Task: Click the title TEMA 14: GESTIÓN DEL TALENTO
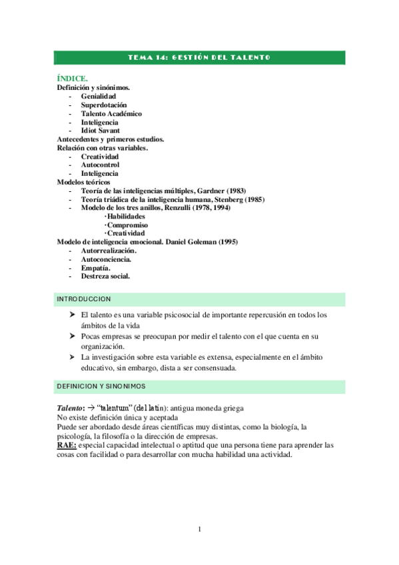coord(199,58)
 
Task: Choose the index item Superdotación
coord(103,105)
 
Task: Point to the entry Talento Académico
coord(111,114)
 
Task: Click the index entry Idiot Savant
coord(100,131)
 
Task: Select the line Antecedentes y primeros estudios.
coord(111,139)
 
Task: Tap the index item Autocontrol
coord(100,165)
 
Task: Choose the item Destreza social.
coord(105,276)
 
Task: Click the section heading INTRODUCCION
coord(84,299)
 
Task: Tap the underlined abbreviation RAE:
coord(67,444)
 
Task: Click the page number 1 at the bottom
coord(199,530)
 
